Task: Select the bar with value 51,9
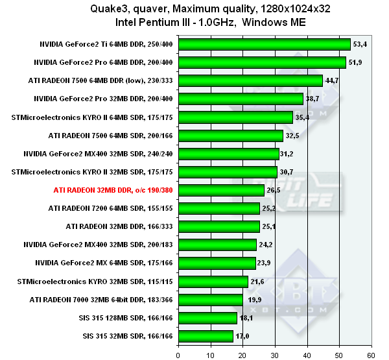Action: pyautogui.click(x=261, y=62)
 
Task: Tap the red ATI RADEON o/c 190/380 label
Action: pyautogui.click(x=113, y=190)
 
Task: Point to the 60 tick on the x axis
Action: pyautogui.click(x=370, y=354)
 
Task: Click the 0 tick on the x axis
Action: pyautogui.click(x=178, y=354)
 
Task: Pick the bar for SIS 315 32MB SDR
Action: pyautogui.click(x=206, y=336)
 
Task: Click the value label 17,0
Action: pyautogui.click(x=243, y=336)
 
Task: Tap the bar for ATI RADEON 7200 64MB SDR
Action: pyautogui.click(x=218, y=208)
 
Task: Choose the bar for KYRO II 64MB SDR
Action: pyautogui.click(x=235, y=117)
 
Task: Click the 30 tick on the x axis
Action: pyautogui.click(x=274, y=354)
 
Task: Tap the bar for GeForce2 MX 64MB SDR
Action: pyautogui.click(x=217, y=263)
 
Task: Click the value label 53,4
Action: pyautogui.click(x=360, y=44)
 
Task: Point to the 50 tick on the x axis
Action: pyautogui.click(x=338, y=354)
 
